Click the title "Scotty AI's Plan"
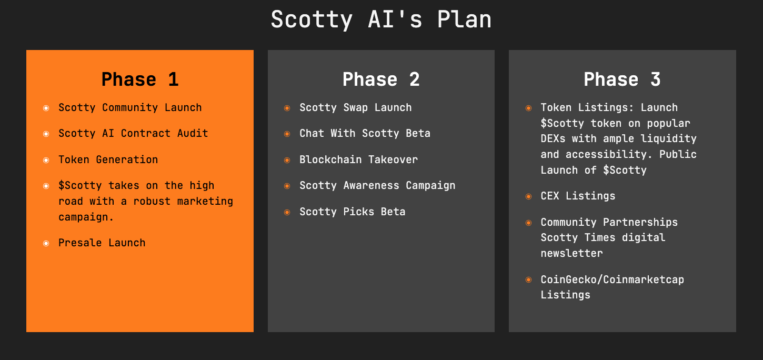[381, 20]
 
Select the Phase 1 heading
[140, 79]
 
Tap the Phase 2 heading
[381, 79]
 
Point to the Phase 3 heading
[623, 79]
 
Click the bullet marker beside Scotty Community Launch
[46, 108]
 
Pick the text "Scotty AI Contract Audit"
[133, 133]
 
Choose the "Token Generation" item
[108, 159]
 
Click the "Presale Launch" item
[102, 243]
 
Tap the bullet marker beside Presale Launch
[46, 244]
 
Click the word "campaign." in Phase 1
[86, 217]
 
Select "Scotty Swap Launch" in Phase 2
[356, 107]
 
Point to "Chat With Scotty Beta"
[365, 133]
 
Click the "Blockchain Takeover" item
[359, 159]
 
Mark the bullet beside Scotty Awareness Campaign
[287, 186]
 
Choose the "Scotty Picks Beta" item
[353, 212]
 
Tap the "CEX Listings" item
[578, 196]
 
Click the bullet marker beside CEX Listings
[529, 196]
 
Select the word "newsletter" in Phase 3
[572, 253]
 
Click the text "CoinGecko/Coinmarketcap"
[613, 279]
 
